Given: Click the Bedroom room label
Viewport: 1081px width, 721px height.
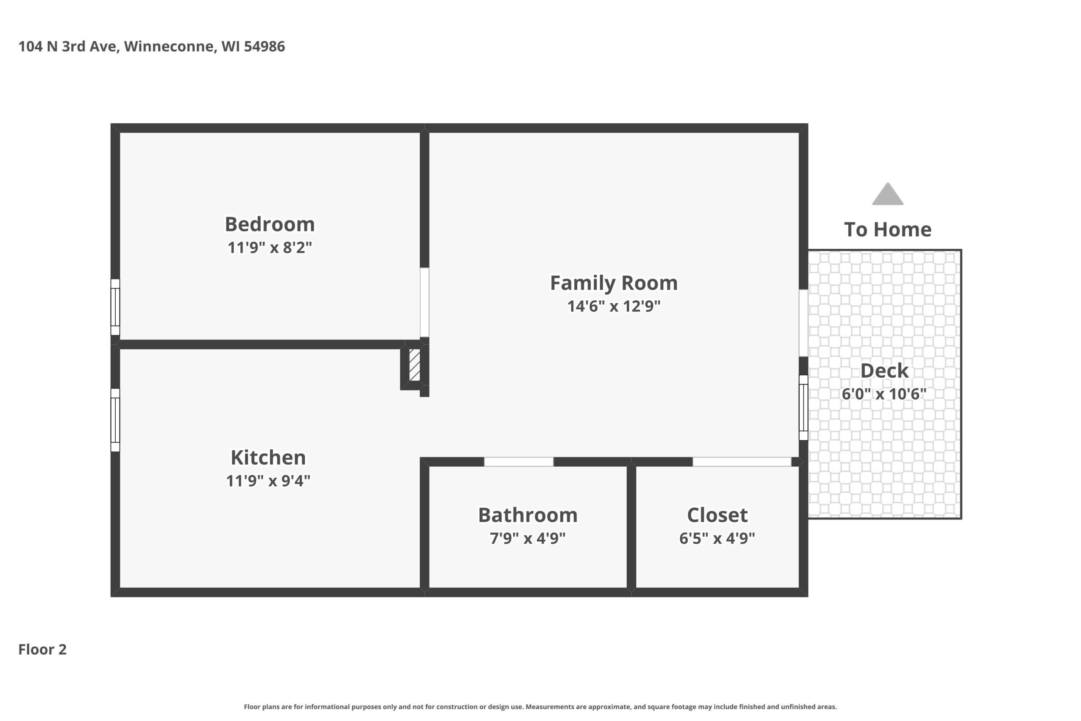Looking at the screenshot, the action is point(270,224).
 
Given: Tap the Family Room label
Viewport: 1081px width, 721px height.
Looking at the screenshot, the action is point(614,283).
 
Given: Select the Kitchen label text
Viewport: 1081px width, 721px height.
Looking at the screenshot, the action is point(268,457).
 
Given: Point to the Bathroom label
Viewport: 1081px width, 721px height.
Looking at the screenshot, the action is point(528,515).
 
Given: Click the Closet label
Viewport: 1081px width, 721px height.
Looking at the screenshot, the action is point(717,515).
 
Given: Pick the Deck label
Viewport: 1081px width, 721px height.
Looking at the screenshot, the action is point(884,370).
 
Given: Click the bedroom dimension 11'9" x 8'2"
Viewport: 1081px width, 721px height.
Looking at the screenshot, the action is point(270,248).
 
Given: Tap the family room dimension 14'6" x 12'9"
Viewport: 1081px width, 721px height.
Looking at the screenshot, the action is point(614,306).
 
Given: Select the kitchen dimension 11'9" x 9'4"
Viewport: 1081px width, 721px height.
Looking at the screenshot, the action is point(268,481).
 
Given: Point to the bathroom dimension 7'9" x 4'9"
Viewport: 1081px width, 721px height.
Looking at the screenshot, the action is point(528,538).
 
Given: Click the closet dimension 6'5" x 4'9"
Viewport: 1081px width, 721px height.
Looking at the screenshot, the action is point(717,538).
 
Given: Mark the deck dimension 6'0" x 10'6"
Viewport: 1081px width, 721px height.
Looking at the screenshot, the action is point(884,394).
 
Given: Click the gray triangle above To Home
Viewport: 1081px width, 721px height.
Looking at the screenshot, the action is point(888,194).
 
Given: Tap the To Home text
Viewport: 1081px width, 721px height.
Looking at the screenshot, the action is point(888,229).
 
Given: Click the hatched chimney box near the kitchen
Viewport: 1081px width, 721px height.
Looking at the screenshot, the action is point(415,365).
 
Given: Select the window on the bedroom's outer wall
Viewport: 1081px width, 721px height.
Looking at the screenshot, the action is point(115,307).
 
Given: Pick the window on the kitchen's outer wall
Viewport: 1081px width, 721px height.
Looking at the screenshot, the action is point(115,420).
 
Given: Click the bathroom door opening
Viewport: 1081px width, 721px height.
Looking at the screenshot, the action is point(519,462).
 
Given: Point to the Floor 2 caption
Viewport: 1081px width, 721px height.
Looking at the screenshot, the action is point(42,649).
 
